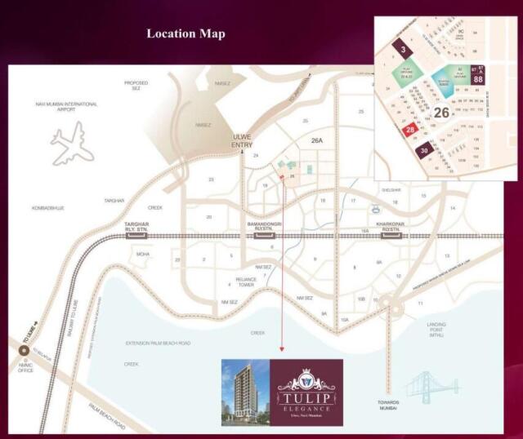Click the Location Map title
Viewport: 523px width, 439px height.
click(x=186, y=33)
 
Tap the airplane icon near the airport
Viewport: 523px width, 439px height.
click(x=71, y=144)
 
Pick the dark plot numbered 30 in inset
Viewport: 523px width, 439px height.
click(x=423, y=151)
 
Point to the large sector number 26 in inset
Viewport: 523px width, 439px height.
click(x=442, y=113)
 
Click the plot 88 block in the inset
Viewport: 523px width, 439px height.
click(x=478, y=80)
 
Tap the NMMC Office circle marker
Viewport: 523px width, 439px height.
click(x=25, y=352)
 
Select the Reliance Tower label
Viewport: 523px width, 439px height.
click(x=246, y=282)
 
